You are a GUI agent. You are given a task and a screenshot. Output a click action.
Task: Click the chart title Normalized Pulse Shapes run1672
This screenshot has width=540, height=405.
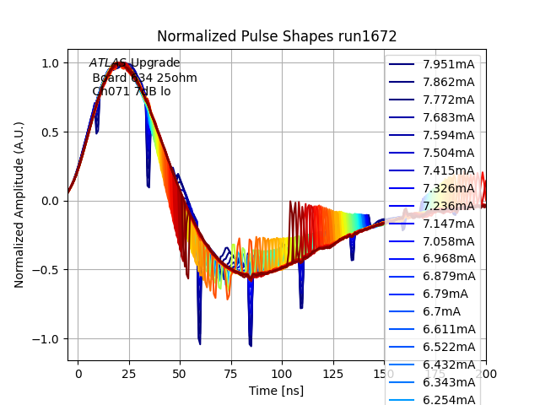(277, 36)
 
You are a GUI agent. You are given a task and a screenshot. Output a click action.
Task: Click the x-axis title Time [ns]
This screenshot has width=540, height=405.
(276, 391)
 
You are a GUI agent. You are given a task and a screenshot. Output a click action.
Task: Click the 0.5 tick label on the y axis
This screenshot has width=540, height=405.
(50, 132)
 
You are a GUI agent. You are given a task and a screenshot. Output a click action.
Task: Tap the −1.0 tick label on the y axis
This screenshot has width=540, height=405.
(46, 339)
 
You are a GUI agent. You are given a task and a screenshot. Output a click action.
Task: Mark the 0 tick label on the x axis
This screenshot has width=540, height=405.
(78, 372)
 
